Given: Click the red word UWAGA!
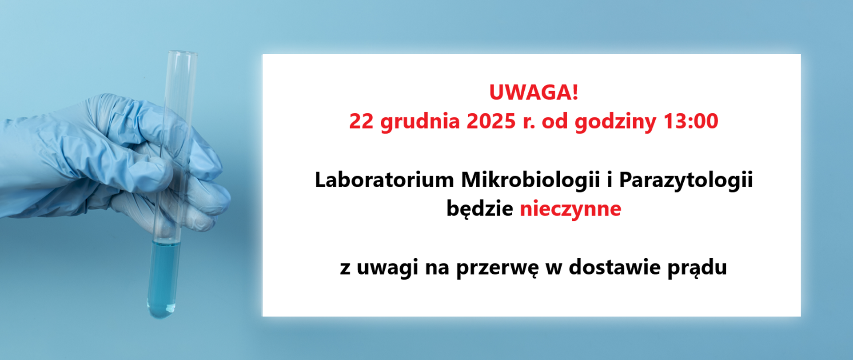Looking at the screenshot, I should click(533, 92).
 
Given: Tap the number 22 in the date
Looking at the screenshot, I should click(361, 121).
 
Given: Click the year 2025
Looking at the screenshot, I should click(491, 121).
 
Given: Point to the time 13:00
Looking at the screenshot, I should click(690, 121).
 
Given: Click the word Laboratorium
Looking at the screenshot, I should click(384, 180).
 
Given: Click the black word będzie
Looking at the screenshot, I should click(479, 209).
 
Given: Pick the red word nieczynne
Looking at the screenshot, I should click(570, 209).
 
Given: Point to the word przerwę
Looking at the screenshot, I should click(497, 268).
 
